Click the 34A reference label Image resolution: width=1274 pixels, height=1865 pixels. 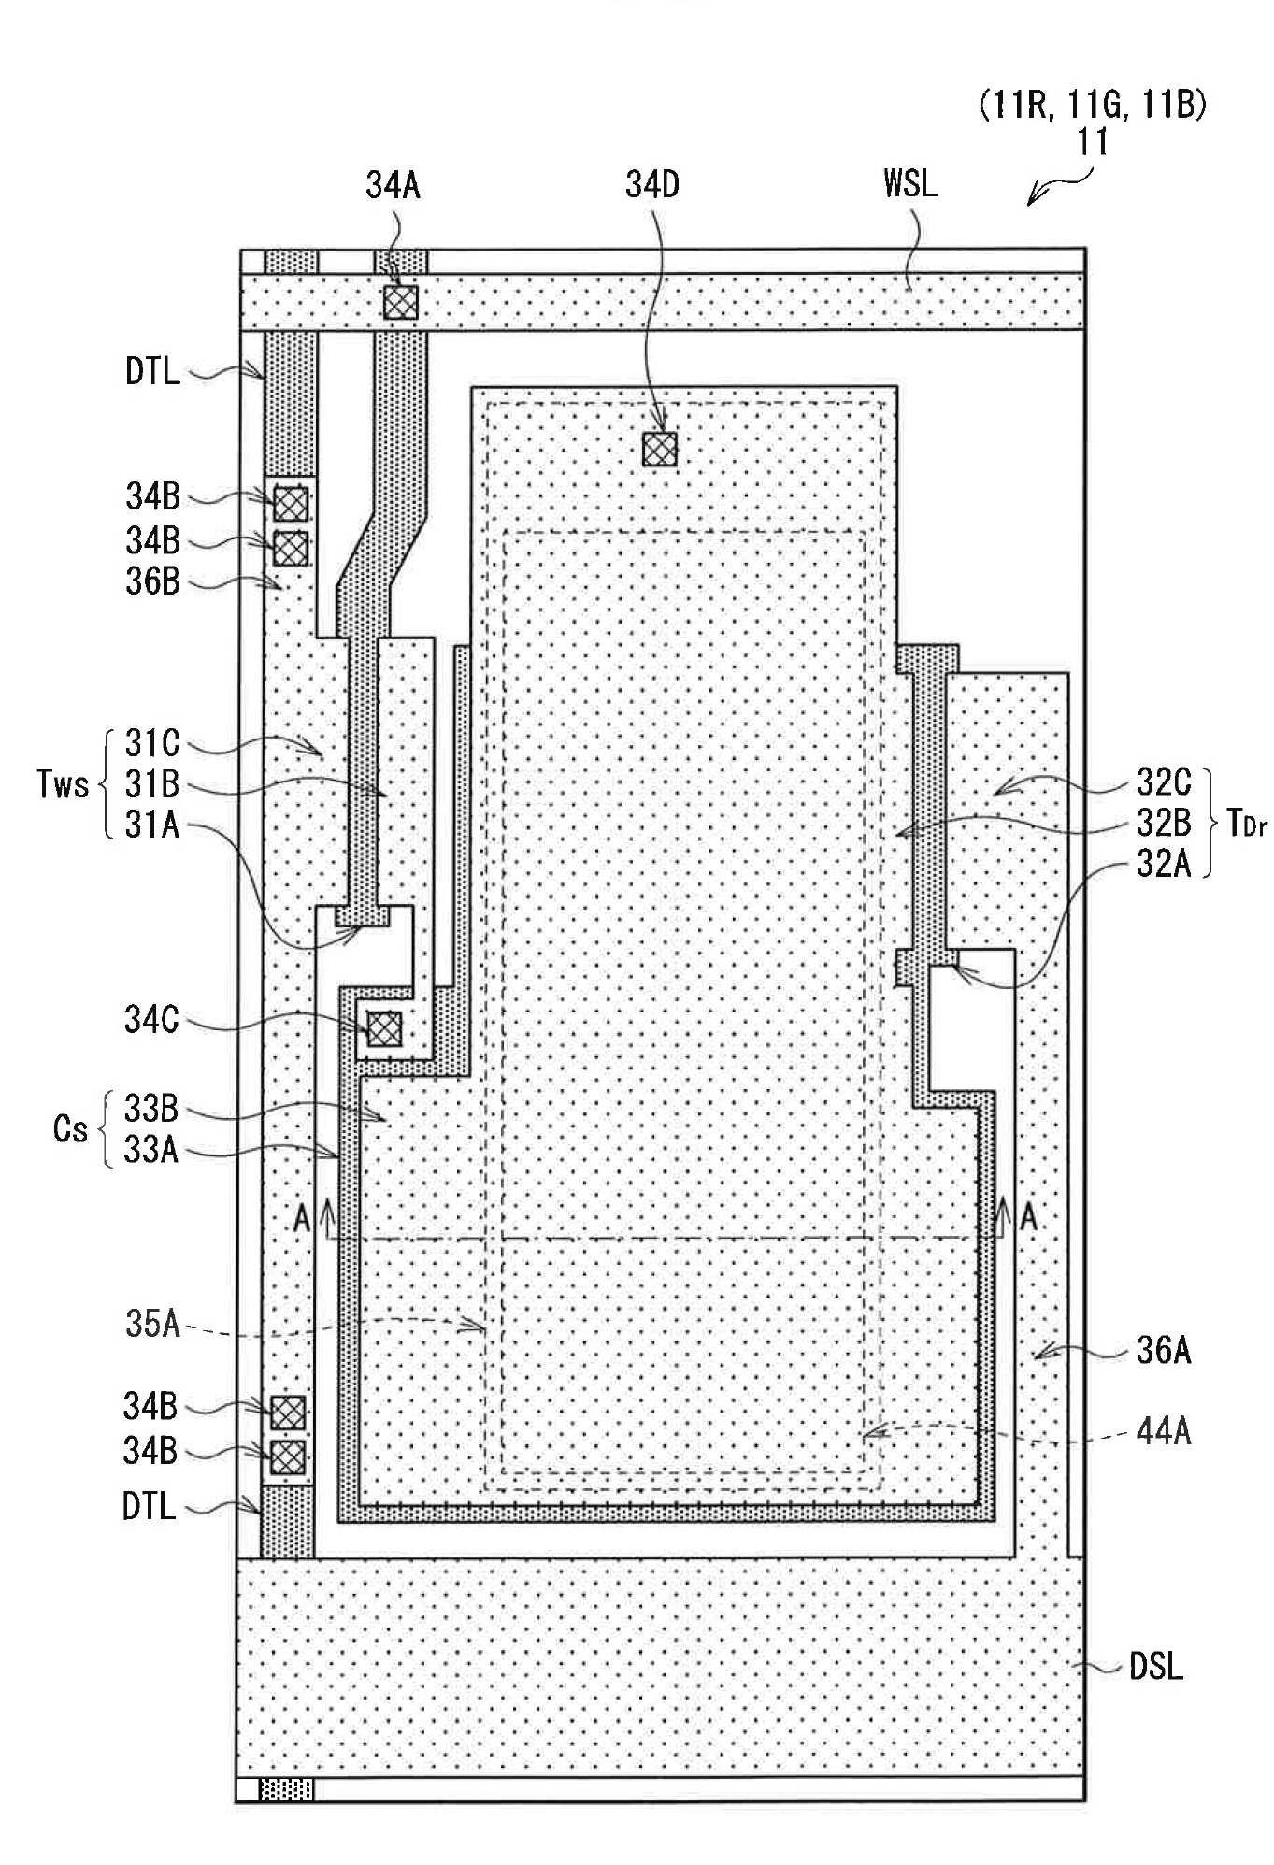click(x=394, y=185)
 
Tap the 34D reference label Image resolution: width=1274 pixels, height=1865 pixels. click(x=652, y=185)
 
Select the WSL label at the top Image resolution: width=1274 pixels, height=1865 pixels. click(x=910, y=183)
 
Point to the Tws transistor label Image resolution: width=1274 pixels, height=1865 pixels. click(x=63, y=783)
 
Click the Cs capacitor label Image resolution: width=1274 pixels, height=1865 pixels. click(x=70, y=1129)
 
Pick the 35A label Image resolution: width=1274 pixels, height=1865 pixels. click(x=152, y=1325)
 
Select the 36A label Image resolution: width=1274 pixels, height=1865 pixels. click(x=1164, y=1351)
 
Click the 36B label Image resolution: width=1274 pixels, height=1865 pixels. click(x=153, y=581)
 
